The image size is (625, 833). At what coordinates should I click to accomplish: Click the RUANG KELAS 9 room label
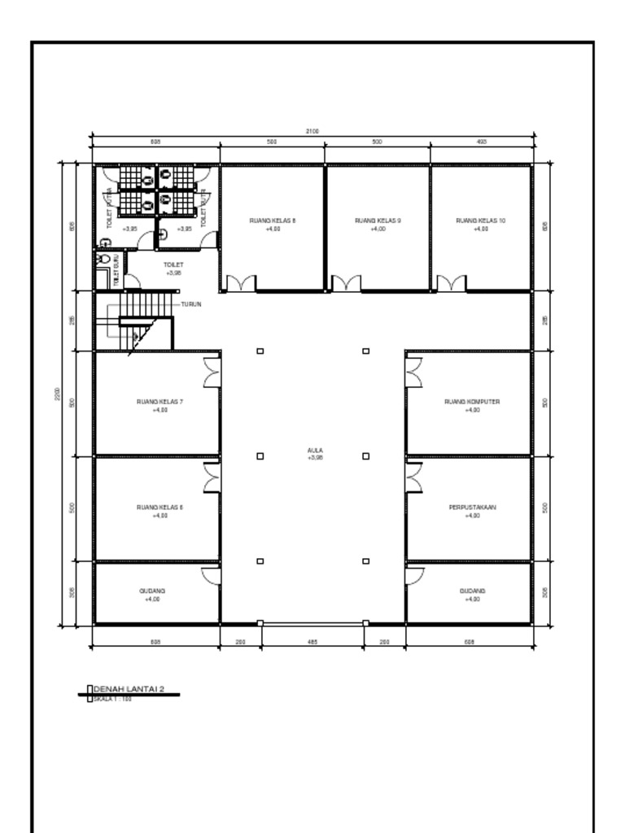(377, 220)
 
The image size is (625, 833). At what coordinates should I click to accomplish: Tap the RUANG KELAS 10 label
(480, 220)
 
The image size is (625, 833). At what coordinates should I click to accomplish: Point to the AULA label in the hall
(315, 450)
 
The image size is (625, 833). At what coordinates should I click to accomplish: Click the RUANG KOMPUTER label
(472, 401)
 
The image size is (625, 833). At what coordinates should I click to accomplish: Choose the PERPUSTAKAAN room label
(472, 507)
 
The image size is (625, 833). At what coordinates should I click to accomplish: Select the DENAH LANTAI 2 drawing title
(129, 690)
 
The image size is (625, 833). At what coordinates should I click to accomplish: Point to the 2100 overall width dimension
(312, 130)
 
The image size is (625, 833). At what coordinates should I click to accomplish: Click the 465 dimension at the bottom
(312, 642)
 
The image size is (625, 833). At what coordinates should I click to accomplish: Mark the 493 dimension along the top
(481, 142)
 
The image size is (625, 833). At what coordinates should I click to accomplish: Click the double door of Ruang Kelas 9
(346, 284)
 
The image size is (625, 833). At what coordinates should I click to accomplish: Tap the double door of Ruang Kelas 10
(451, 284)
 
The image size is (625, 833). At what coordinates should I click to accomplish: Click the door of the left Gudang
(211, 575)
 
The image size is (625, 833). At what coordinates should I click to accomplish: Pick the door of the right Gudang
(415, 575)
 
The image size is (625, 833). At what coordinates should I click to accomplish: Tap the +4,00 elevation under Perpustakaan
(472, 516)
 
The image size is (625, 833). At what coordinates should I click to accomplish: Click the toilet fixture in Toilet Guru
(102, 258)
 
